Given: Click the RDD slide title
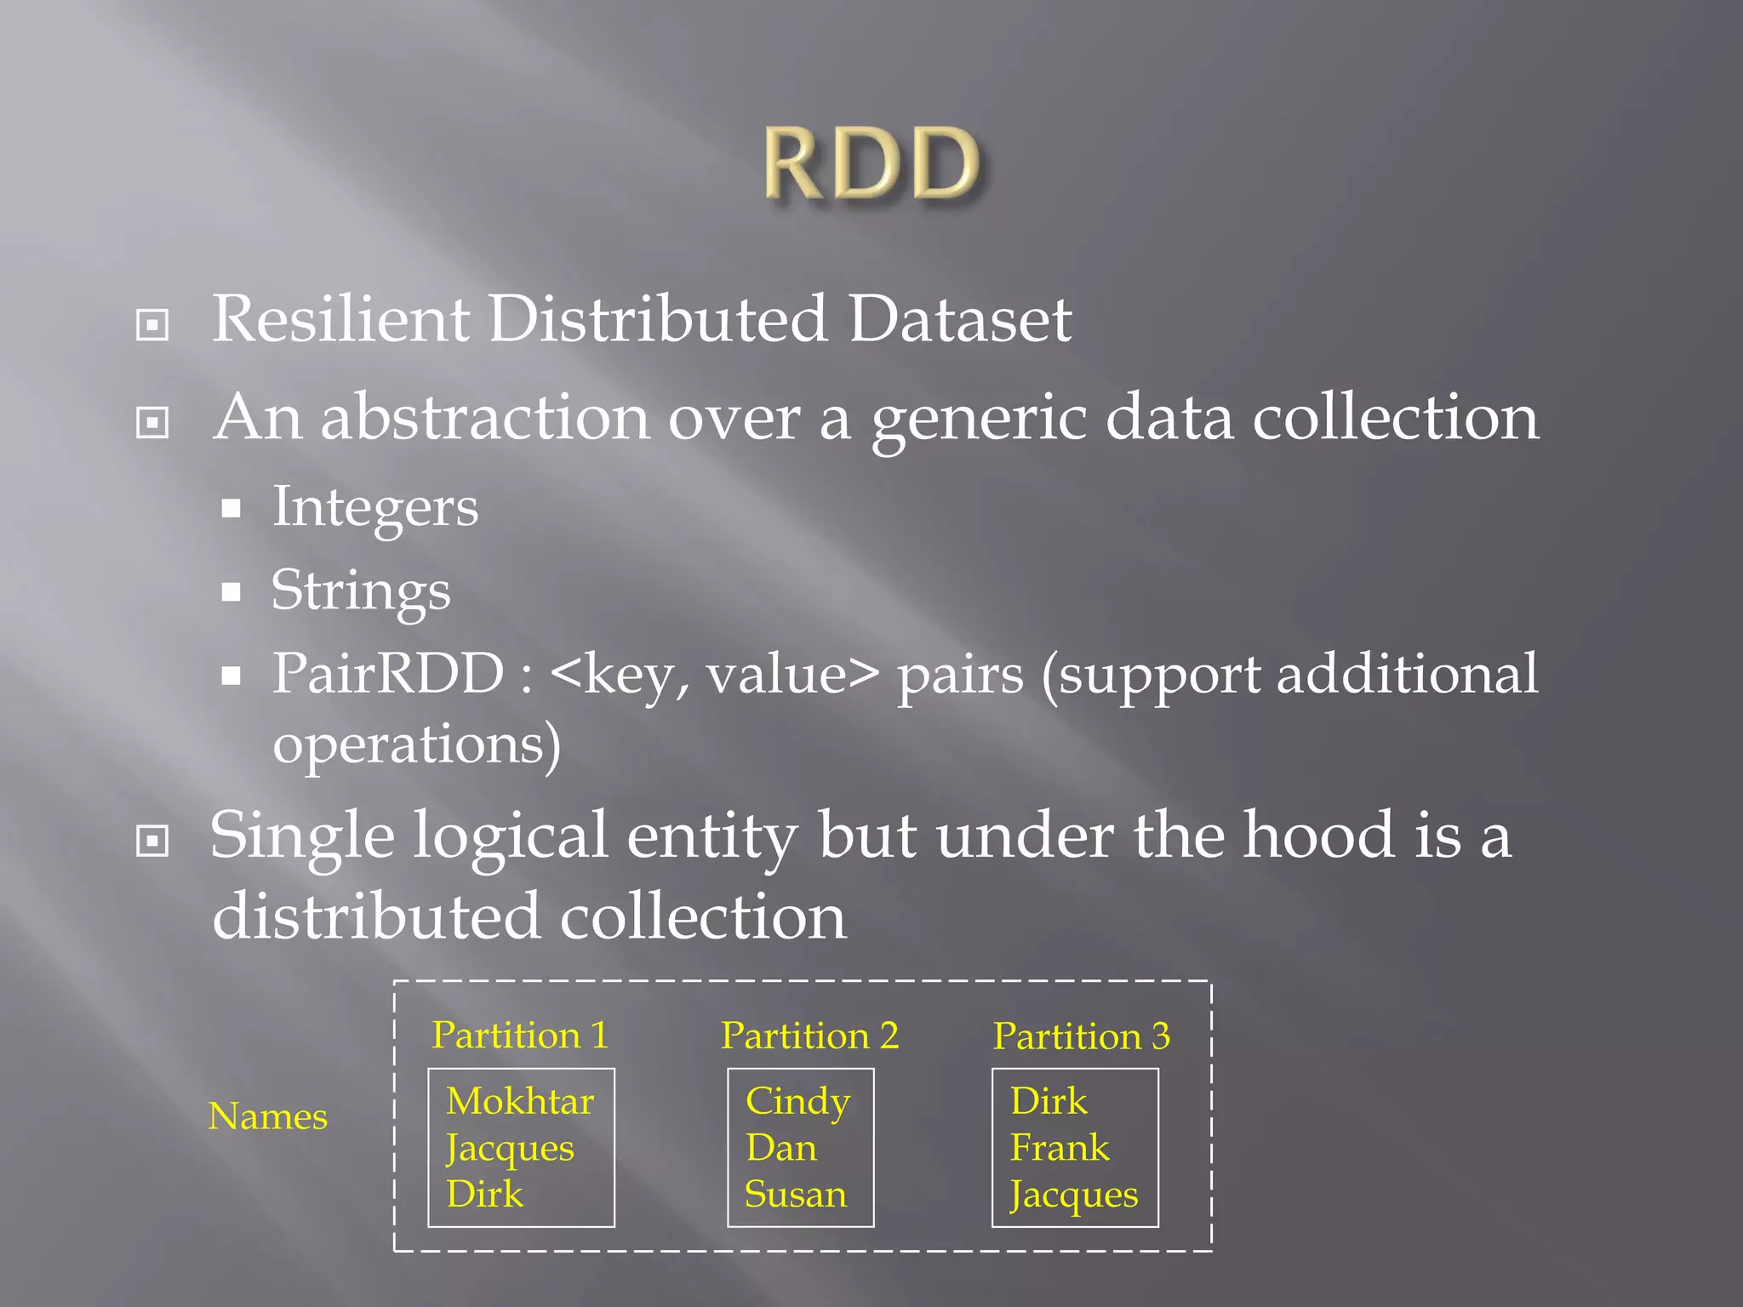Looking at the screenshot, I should coord(871,163).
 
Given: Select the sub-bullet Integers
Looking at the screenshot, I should coord(375,508).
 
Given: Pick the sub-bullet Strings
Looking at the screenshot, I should coord(361,591).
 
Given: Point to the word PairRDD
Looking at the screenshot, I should coord(388,674).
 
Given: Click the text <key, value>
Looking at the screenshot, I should coord(714,674).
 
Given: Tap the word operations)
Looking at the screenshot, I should coord(416,745).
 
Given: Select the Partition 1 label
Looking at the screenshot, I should coord(520,1036).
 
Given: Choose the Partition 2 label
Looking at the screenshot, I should coord(809,1036).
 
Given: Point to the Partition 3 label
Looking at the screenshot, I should coord(1081,1036).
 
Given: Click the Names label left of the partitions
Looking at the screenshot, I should coord(267,1116).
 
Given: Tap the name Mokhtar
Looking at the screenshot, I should coord(520,1102).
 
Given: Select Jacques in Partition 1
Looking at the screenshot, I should coord(510,1149).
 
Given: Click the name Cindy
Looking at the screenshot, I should coord(797,1102).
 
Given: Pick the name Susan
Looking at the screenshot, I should coord(796,1195).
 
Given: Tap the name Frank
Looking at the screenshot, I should coord(1060,1149).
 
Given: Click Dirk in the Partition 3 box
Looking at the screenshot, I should coord(1049,1102).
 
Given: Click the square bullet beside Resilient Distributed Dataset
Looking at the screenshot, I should coord(152,324).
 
